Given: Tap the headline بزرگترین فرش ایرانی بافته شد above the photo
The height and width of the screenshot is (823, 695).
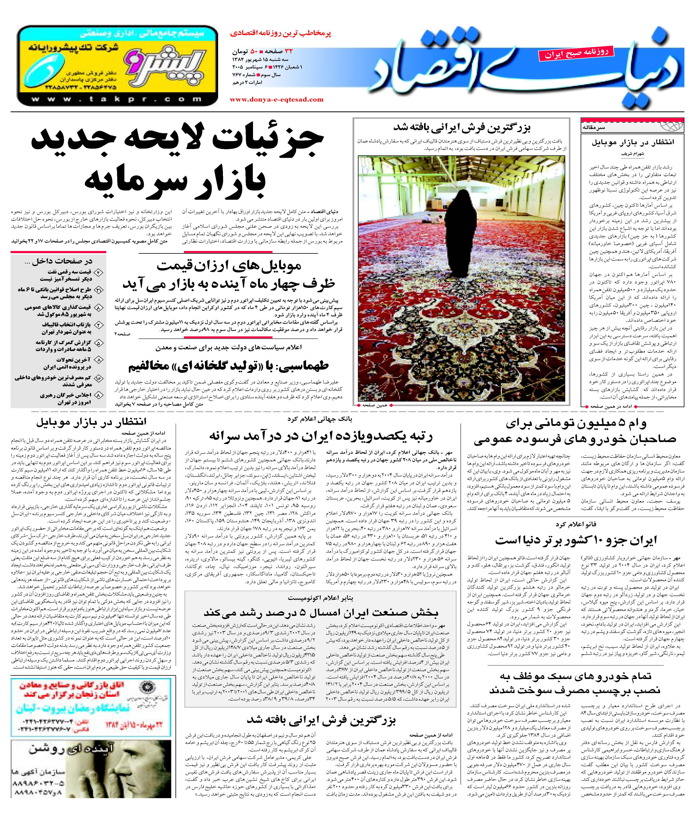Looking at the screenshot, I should click(462, 128).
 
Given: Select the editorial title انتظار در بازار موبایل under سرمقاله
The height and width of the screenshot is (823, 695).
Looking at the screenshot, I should click(632, 142).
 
